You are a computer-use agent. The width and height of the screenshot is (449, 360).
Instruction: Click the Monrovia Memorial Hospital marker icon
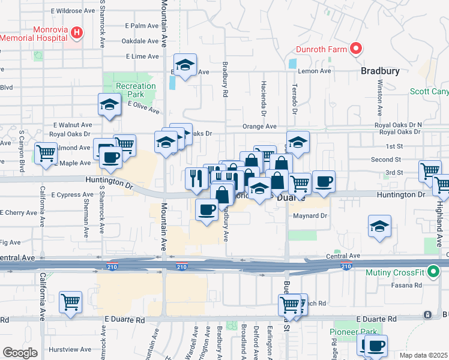[77, 33]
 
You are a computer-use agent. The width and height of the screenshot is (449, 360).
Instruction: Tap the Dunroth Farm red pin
[355, 49]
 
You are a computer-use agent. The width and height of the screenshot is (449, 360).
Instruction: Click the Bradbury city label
[380, 71]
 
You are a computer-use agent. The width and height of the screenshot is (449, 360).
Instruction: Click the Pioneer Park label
[352, 332]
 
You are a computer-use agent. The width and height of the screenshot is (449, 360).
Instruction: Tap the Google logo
[20, 353]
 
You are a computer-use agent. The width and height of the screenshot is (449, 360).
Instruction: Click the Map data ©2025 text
[424, 355]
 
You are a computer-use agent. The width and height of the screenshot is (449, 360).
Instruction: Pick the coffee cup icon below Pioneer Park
[376, 346]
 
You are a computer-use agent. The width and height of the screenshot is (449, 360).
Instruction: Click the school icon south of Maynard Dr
[379, 226]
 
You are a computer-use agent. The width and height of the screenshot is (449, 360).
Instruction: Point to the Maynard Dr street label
[309, 216]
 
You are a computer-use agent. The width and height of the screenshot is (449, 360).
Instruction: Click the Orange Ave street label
[259, 127]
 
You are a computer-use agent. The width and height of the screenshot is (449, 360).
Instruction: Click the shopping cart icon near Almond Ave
[46, 154]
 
